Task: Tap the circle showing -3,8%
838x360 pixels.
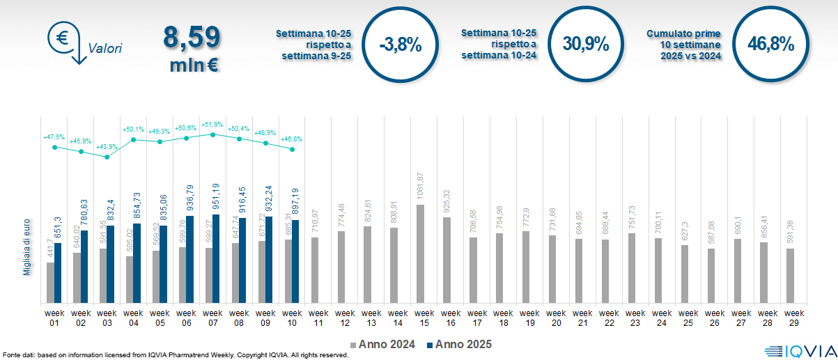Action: [x=401, y=45]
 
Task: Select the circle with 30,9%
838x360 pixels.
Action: [x=586, y=44]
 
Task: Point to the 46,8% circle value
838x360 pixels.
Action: [x=770, y=44]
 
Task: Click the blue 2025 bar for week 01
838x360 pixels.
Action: [x=59, y=273]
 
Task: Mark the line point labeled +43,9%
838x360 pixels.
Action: [x=107, y=157]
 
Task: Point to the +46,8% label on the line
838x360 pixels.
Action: [x=292, y=139]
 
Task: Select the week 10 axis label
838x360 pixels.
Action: [x=292, y=318]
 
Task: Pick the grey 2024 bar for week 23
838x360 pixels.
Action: [x=631, y=268]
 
